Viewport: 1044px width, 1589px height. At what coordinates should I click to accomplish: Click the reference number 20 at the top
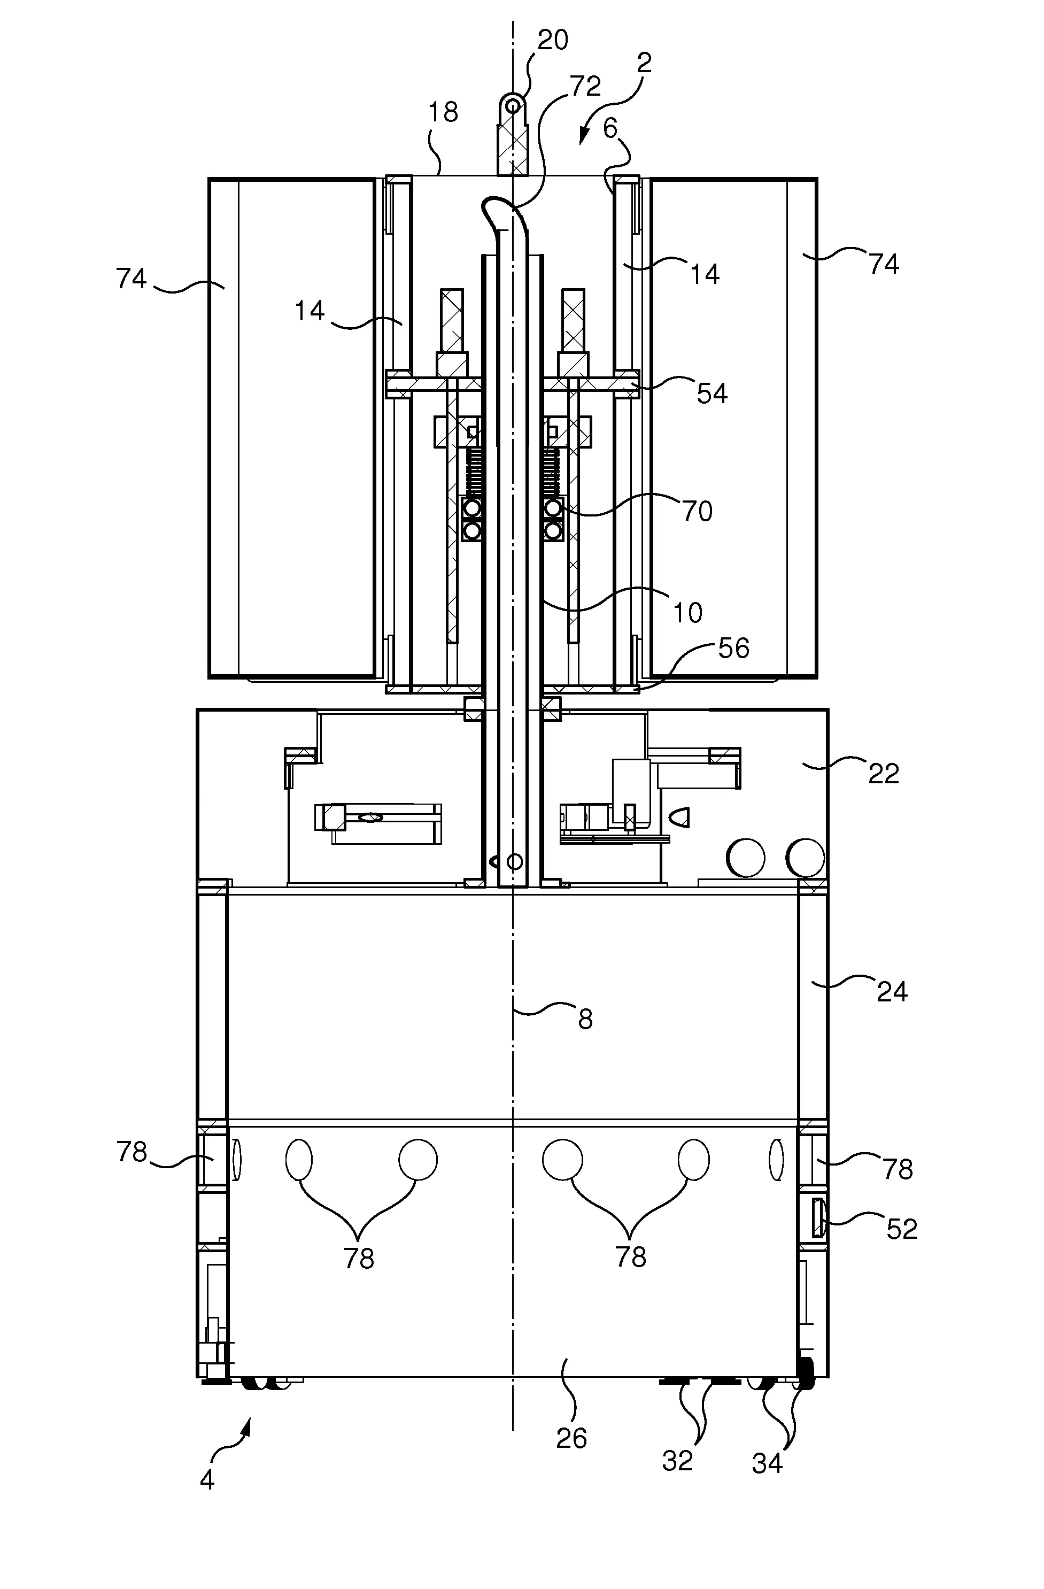coord(552,40)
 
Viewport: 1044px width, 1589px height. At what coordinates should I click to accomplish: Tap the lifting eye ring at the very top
coord(513,105)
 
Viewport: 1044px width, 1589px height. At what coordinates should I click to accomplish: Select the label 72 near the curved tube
coord(585,86)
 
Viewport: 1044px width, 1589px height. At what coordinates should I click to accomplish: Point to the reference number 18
coord(443,112)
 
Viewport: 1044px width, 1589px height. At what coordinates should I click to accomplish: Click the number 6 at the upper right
coord(610,128)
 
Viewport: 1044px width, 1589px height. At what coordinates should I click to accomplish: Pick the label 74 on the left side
coord(131,277)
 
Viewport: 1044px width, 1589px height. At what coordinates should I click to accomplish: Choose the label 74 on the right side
coord(884,265)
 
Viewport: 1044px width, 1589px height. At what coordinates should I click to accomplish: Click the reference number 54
coord(712,394)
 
